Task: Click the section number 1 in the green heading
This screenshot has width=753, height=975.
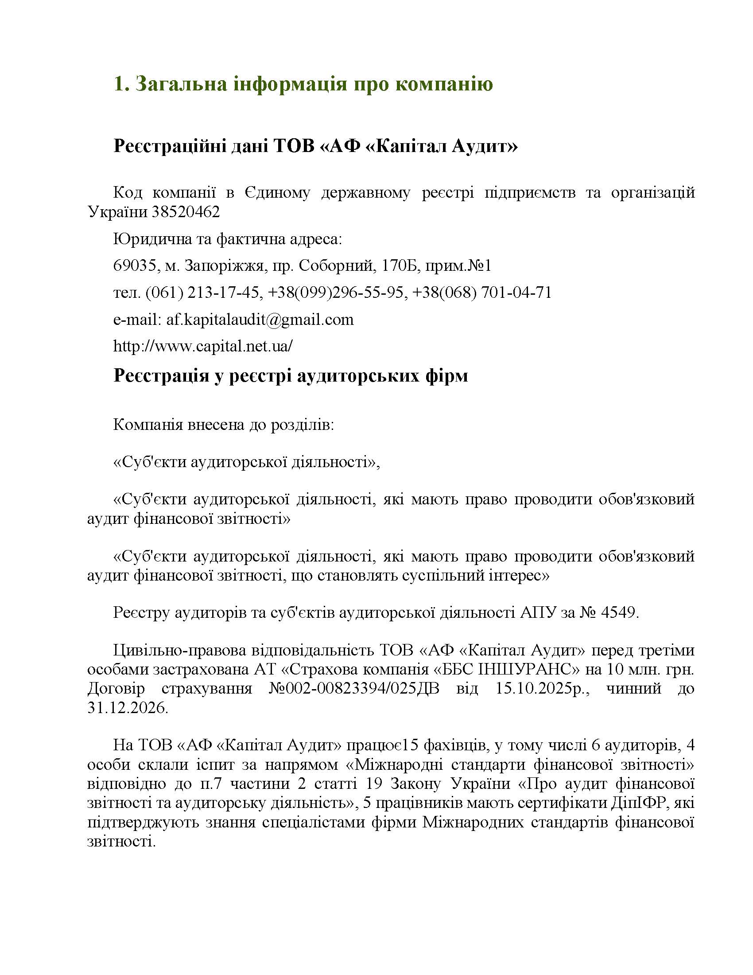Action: tap(119, 84)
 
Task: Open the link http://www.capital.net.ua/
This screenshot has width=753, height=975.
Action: tap(203, 346)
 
